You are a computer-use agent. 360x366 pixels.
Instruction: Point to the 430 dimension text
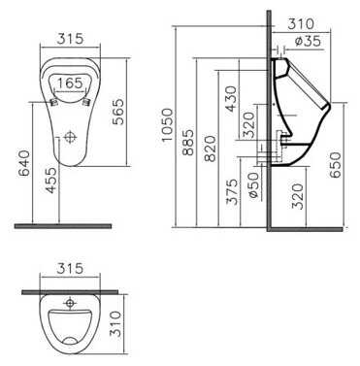[x=231, y=97]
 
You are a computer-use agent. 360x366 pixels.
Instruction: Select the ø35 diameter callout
[x=308, y=42]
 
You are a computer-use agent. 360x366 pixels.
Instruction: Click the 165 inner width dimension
[x=70, y=83]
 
